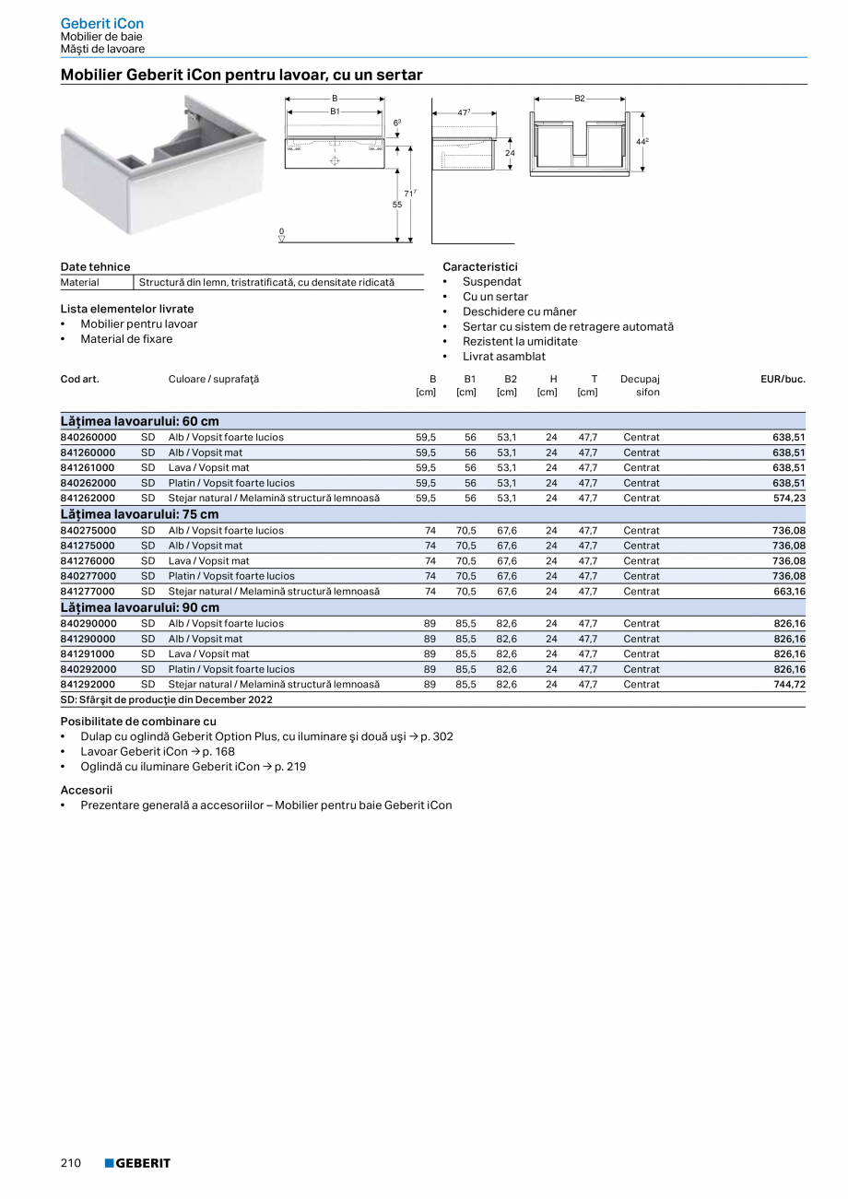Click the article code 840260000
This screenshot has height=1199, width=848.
(88, 437)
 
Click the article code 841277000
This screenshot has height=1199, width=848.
(88, 591)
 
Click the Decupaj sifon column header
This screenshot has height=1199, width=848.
(641, 385)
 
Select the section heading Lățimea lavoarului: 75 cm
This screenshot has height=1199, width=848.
(140, 514)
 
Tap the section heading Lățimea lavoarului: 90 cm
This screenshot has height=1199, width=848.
(140, 607)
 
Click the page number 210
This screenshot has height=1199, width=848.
(71, 1163)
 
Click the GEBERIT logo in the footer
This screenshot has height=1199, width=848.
(137, 1163)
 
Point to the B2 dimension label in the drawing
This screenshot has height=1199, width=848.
(580, 99)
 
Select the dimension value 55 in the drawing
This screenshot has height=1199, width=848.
(397, 205)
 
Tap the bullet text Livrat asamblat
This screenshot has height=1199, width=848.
(503, 356)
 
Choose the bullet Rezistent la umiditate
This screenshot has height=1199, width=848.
(520, 341)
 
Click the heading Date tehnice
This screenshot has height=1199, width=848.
(95, 266)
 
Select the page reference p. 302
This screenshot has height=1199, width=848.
(437, 736)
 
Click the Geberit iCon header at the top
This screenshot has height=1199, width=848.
(101, 23)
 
